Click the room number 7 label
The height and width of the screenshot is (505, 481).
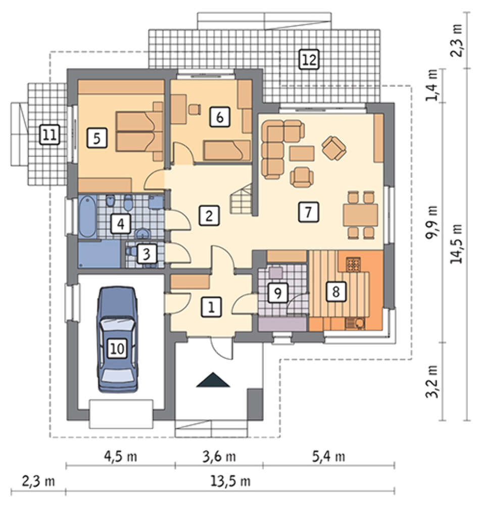[308, 212]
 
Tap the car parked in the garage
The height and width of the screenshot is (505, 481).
[117, 339]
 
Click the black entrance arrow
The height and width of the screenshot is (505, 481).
[213, 380]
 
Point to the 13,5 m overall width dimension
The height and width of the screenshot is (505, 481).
[230, 481]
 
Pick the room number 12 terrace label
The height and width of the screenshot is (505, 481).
[309, 59]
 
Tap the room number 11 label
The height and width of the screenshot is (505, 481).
[50, 134]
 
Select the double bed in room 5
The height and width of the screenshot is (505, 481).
[139, 131]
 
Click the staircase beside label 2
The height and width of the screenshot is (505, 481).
[241, 199]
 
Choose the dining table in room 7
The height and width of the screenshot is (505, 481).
[361, 215]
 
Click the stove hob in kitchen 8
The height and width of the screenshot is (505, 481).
[353, 264]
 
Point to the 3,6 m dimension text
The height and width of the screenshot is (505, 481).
[219, 457]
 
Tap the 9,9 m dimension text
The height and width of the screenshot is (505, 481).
[432, 222]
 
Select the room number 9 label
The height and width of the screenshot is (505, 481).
[278, 293]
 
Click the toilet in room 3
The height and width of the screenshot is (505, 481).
[131, 251]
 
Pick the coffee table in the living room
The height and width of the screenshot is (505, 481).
[302, 154]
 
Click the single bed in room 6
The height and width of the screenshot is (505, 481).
[227, 150]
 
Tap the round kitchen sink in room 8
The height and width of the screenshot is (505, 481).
[359, 323]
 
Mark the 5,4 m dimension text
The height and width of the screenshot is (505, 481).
[328, 457]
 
